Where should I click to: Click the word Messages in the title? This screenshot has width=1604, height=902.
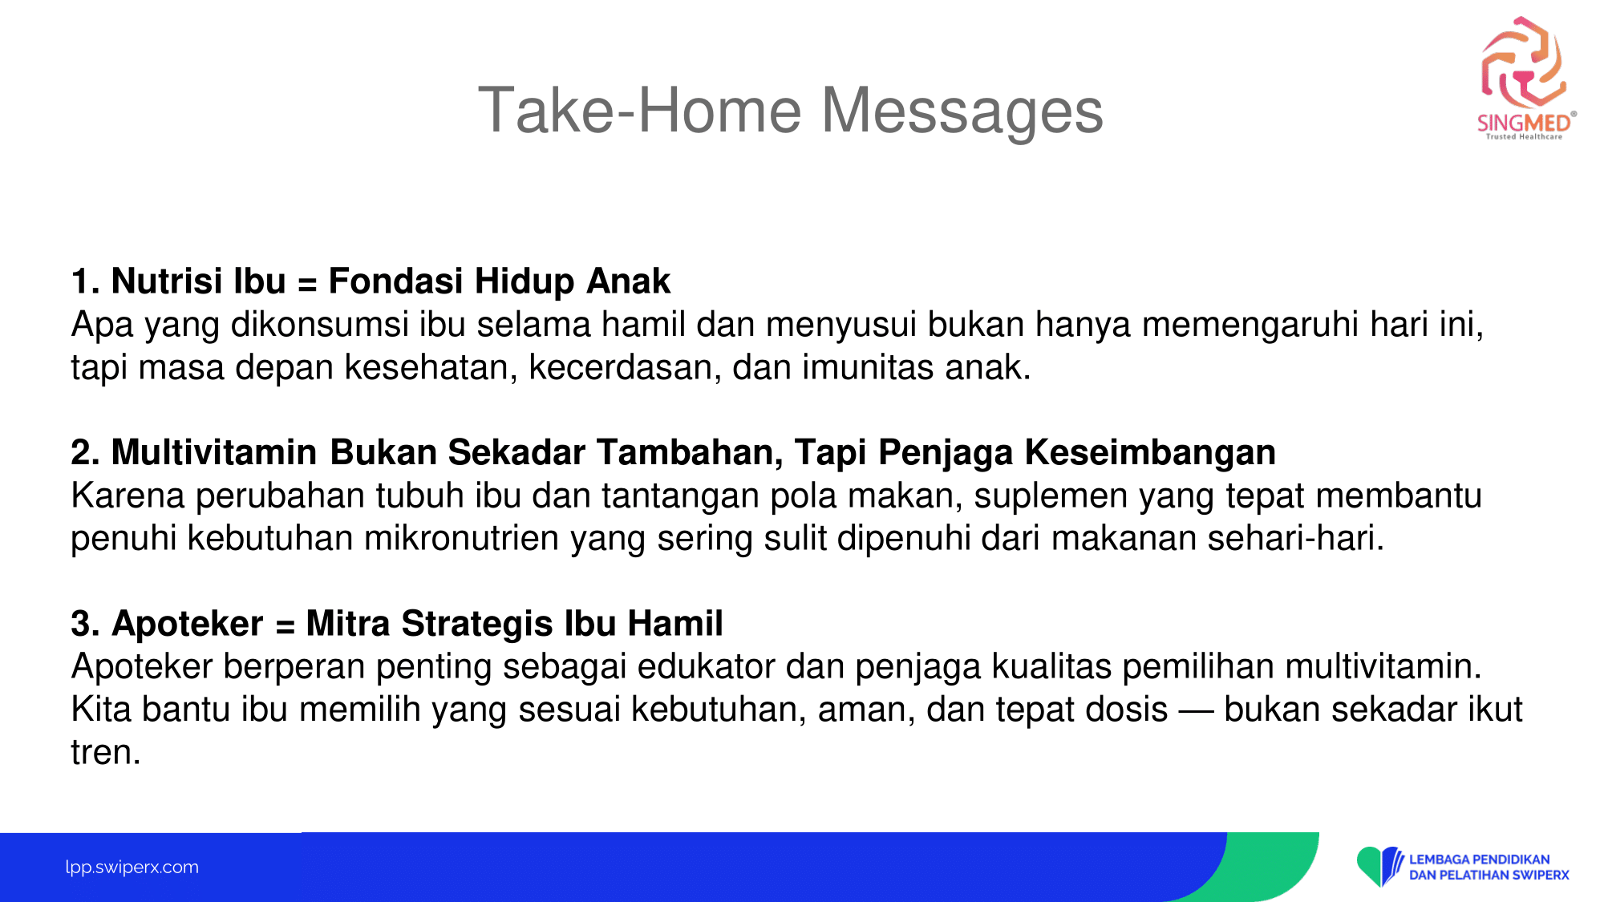(x=962, y=111)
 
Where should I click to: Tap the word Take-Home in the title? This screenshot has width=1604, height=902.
(x=640, y=110)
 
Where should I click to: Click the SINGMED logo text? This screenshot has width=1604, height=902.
(x=1524, y=123)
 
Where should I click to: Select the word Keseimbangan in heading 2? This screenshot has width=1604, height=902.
(x=1150, y=453)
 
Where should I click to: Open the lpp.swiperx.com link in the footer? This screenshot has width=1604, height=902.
(x=132, y=867)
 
